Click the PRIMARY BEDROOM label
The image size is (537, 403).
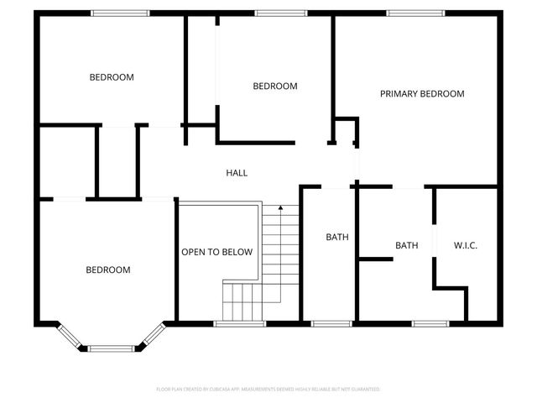[x=422, y=94]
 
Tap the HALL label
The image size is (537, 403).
[x=237, y=173]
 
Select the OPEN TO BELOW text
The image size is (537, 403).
[x=216, y=252]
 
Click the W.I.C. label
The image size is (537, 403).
[x=466, y=245]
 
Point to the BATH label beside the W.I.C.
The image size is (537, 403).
[x=407, y=245]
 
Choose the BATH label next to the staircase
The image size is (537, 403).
[x=336, y=238]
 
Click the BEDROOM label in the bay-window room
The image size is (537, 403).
[x=108, y=270]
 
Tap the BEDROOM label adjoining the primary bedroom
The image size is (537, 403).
[x=275, y=86]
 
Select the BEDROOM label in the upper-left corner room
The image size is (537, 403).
[x=112, y=77]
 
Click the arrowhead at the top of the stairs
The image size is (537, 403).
[x=280, y=207]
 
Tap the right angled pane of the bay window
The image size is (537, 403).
[x=151, y=335]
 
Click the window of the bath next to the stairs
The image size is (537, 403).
[x=331, y=322]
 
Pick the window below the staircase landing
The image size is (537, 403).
[x=239, y=322]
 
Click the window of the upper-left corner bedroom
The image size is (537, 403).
[x=120, y=13]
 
